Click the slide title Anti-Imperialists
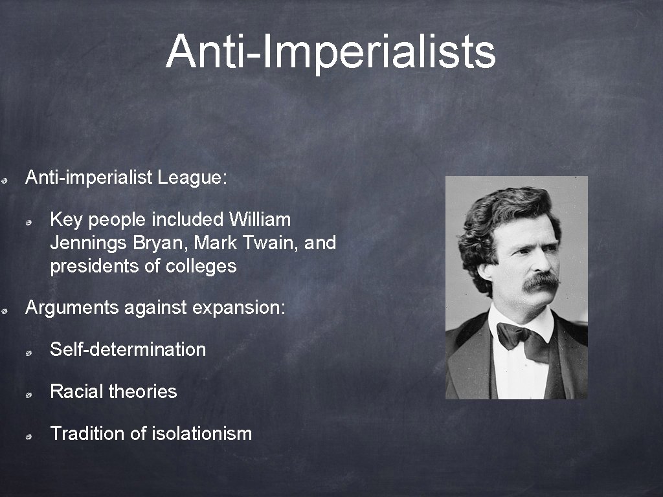(331, 51)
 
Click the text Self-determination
(128, 349)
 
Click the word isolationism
(201, 434)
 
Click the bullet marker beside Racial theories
(30, 394)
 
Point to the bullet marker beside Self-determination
(30, 352)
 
